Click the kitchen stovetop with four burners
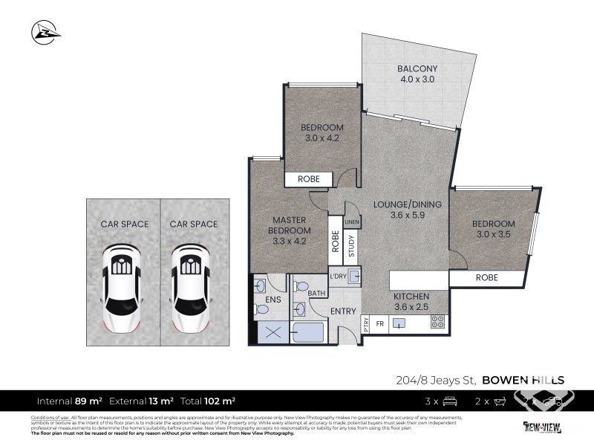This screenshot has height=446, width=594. [438, 323]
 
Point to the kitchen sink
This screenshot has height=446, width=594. [399, 323]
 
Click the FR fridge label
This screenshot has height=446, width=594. [379, 323]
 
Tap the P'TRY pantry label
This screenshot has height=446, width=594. [365, 323]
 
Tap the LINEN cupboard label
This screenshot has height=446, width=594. [352, 222]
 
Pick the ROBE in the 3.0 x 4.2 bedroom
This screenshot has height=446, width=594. [309, 179]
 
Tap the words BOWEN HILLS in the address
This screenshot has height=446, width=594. [523, 379]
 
